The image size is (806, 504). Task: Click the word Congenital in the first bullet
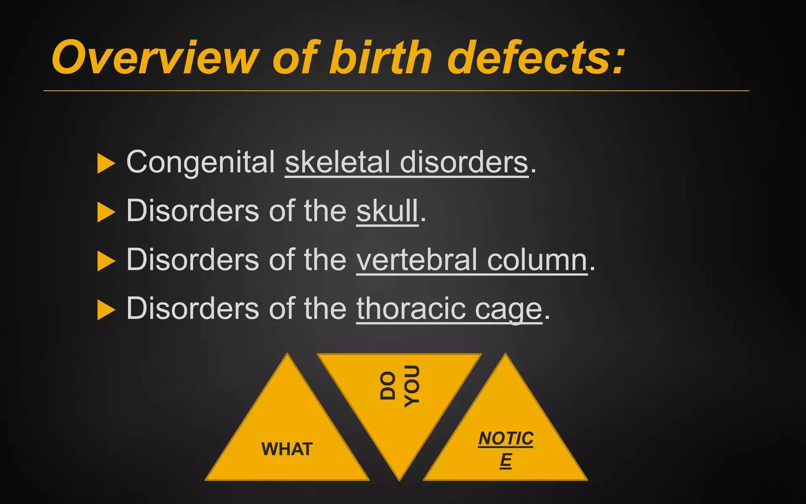coord(201,162)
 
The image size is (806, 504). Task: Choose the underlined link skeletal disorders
coord(406,162)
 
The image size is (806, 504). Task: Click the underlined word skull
coord(387,211)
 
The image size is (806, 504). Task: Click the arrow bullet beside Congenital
coord(105,163)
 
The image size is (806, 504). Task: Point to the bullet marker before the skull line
coord(105,212)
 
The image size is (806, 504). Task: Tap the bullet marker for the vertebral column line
coord(105,261)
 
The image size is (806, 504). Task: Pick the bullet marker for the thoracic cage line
coord(105,310)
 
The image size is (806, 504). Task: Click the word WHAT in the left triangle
coord(287,449)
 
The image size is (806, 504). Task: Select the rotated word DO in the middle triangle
coord(388,386)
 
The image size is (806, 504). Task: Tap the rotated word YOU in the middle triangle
coord(412,386)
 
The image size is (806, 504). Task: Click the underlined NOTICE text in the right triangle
coord(506,449)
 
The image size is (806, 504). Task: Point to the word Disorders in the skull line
coord(192,211)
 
